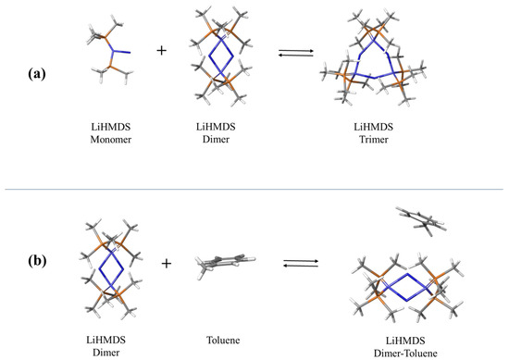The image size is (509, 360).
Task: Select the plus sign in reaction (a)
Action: point(162,51)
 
